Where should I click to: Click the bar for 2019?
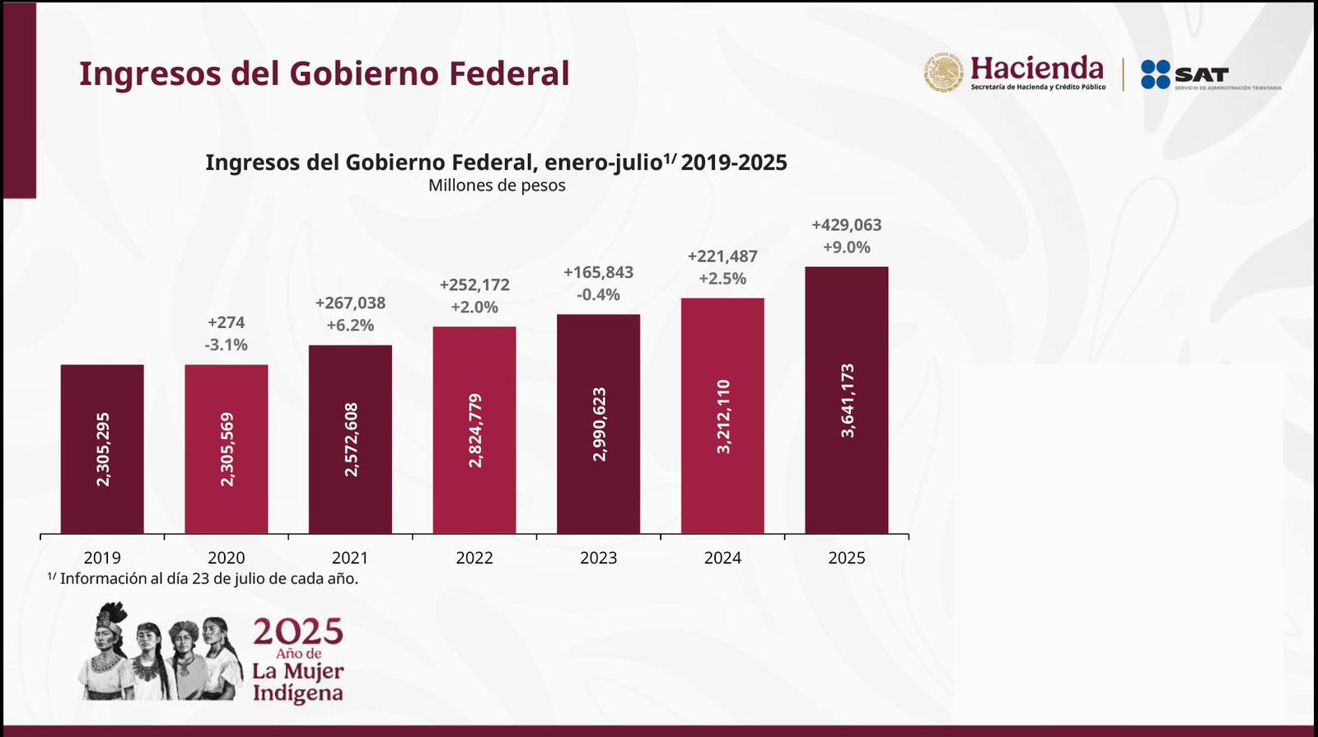[x=102, y=448]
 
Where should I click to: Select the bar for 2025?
[x=846, y=400]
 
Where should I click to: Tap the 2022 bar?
[x=474, y=430]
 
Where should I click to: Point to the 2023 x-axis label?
[x=598, y=558]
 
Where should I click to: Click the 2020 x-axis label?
[x=226, y=558]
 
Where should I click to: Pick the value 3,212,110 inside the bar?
[x=723, y=416]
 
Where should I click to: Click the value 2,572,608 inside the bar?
[x=351, y=439]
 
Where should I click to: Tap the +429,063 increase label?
[x=846, y=225]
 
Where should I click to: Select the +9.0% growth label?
[x=846, y=247]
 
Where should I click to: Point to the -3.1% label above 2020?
[x=226, y=345]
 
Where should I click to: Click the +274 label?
[x=226, y=322]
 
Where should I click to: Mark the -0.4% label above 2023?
[x=598, y=294]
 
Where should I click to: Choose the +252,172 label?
[x=474, y=285]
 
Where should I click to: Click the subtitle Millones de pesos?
[x=497, y=185]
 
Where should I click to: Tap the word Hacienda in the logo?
[x=1036, y=68]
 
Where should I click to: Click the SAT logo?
[x=1185, y=74]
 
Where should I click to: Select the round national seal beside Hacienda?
[x=944, y=73]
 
